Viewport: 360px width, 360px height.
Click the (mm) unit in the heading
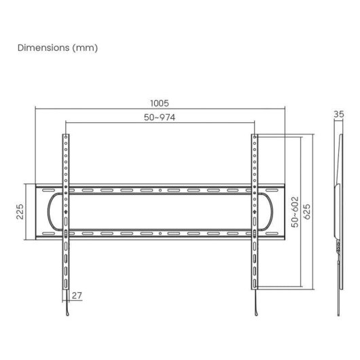click(x=87, y=48)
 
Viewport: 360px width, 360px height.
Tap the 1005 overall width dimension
click(x=160, y=103)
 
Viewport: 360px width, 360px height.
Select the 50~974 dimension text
click(x=160, y=118)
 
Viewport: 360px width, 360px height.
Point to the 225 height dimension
click(x=21, y=212)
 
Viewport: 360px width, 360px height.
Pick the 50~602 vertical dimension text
click(x=294, y=211)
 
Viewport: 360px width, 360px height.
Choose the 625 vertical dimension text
click(x=308, y=211)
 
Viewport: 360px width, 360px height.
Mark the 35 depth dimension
click(x=339, y=115)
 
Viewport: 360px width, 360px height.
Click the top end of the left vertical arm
click(x=66, y=135)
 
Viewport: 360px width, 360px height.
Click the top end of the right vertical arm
click(x=255, y=135)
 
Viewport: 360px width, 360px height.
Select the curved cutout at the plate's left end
click(x=50, y=212)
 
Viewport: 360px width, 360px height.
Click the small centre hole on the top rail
click(x=160, y=191)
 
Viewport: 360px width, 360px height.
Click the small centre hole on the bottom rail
click(x=160, y=233)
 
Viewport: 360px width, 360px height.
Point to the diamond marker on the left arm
click(x=66, y=212)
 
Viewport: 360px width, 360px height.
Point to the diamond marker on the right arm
click(x=255, y=212)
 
